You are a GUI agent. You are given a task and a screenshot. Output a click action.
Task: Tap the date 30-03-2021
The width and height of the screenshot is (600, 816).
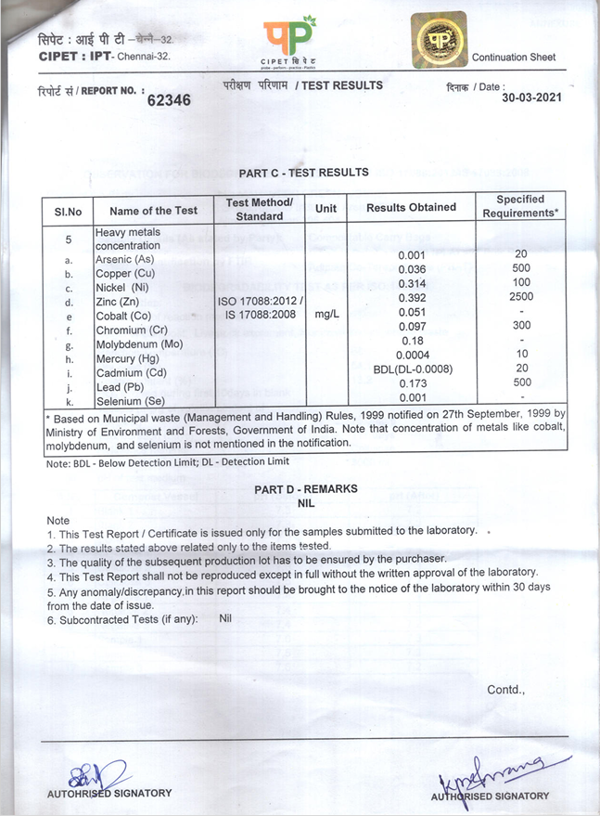click(x=532, y=97)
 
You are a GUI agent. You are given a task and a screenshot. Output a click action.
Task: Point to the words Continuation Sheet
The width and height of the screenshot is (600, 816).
click(x=514, y=58)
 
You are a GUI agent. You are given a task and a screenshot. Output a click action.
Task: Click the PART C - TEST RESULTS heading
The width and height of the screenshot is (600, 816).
click(x=303, y=173)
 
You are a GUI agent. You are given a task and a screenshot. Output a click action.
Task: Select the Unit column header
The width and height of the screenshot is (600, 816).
click(x=326, y=209)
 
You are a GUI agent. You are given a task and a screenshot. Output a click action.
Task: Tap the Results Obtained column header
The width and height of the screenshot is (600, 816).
click(x=411, y=208)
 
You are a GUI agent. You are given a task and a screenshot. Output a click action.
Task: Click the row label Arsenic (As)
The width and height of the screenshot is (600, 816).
click(x=124, y=259)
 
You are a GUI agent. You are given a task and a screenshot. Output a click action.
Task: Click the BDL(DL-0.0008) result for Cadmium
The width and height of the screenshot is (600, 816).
click(x=411, y=369)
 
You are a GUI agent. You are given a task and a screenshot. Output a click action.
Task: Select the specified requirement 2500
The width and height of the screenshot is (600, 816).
click(x=520, y=296)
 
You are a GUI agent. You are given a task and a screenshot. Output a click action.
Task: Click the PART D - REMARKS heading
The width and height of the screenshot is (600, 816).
click(x=305, y=488)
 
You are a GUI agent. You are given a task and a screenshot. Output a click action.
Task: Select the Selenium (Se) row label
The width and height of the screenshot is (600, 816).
click(x=131, y=401)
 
